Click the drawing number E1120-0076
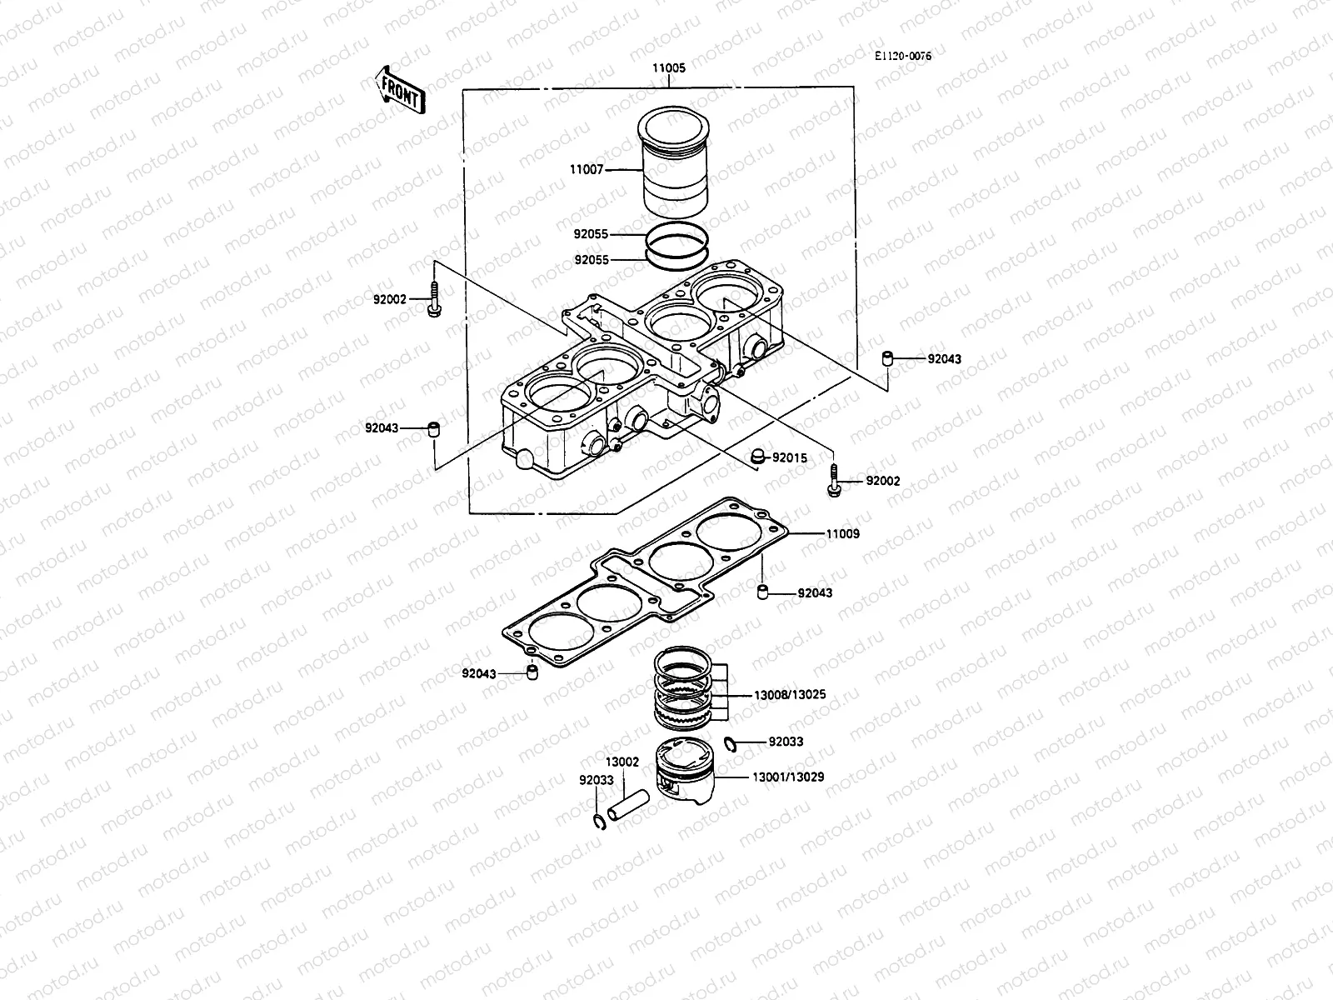click(x=902, y=56)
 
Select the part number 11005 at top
click(x=669, y=68)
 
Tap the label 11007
click(x=586, y=169)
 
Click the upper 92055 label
click(x=592, y=236)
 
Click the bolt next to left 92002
click(x=433, y=297)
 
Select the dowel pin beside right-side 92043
click(x=888, y=359)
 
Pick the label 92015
click(x=789, y=457)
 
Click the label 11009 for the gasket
click(x=842, y=533)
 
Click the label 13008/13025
click(x=790, y=694)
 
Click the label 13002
click(x=622, y=762)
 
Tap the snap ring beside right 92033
click(x=731, y=743)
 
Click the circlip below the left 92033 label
click(x=599, y=823)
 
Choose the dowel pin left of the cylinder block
click(x=432, y=428)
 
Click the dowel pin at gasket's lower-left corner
click(x=530, y=672)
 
